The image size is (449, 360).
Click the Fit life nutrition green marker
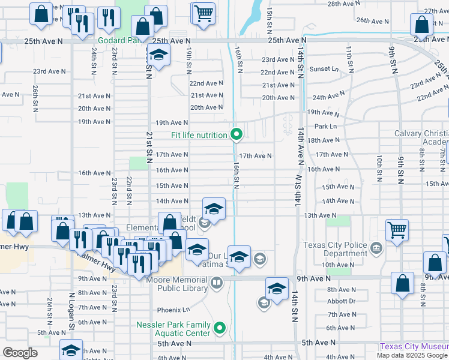point(237,135)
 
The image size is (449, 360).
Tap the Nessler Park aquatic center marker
point(220,328)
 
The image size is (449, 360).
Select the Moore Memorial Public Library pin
point(216,281)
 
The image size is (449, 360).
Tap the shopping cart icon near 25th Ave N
point(203,13)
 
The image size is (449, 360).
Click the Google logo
point(20,353)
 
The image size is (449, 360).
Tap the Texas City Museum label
point(414,347)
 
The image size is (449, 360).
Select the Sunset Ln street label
point(324,69)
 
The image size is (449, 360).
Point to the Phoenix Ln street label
point(173,310)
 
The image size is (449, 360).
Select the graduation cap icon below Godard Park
point(158,56)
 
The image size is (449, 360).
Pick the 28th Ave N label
point(343,4)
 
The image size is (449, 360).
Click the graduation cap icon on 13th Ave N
point(214,209)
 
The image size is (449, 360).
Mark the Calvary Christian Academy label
point(420,137)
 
